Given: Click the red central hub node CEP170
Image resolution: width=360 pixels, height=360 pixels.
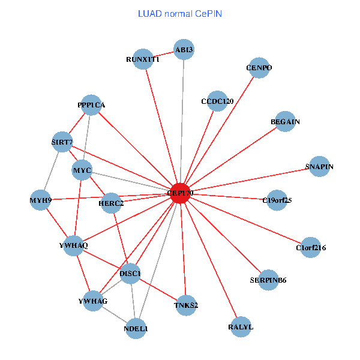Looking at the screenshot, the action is coord(181,193).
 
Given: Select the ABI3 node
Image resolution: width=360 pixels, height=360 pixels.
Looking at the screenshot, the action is coord(184,49).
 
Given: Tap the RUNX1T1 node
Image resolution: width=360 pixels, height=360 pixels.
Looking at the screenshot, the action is coord(143,59).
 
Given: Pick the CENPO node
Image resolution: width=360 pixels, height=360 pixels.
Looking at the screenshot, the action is coord(259,68).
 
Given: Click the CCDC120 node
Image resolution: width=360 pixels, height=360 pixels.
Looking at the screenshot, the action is coord(217,101).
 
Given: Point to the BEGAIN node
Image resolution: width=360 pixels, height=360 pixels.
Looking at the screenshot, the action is coord(285,122).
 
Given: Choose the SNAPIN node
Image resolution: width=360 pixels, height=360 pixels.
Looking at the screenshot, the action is coord(319,166).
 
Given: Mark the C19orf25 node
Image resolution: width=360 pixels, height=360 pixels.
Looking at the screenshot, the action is coord(277,200).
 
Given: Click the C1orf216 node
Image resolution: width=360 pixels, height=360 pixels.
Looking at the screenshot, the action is coord(310,247).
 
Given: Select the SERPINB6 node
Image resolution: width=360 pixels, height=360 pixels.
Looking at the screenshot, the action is coord(268,280).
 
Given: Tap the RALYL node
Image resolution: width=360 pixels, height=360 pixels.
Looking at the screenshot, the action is coord(241,327).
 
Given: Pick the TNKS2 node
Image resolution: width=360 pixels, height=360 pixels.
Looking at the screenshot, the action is coord(186,305).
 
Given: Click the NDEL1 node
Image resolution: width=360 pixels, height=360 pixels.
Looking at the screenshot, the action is coord(136,328).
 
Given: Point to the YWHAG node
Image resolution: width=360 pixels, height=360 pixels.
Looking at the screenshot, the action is coord(92,301).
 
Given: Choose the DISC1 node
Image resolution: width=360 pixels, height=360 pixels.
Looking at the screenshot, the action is coord(130,274).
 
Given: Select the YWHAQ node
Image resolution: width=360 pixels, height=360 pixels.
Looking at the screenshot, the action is coord(73,246).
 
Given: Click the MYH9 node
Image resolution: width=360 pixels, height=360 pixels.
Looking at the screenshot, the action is coord(40,200).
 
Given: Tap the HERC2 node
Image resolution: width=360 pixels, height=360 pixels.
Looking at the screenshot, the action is coord(111,203).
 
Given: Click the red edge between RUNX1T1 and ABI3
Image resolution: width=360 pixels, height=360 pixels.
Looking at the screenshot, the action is coord(163,54).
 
